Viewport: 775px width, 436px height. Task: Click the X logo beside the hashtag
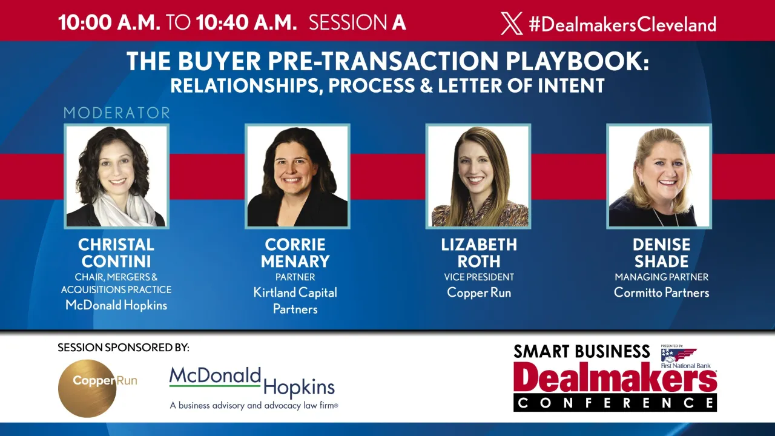coord(512,24)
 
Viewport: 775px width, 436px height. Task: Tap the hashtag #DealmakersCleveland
coord(622,24)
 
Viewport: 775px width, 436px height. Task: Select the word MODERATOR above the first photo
coord(117,113)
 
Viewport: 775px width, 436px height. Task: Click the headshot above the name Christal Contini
coord(116,176)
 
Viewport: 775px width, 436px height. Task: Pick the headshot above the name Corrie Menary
coord(297,176)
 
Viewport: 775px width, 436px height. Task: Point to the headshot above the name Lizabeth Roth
coord(478,176)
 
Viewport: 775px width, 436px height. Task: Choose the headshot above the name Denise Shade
coord(659,176)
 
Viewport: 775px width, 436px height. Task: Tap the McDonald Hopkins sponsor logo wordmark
coord(252,383)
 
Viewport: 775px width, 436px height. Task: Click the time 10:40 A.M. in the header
coord(246,23)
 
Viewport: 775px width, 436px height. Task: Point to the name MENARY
coord(295,262)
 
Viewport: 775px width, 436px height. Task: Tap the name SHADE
coord(661,262)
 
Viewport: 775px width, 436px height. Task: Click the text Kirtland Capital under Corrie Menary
coord(295,292)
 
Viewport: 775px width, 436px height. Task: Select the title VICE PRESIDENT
coord(478,277)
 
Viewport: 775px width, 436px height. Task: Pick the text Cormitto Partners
coord(661,292)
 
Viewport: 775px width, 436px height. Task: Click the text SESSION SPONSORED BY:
coord(124,348)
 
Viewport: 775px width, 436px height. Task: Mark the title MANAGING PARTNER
coord(661,277)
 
